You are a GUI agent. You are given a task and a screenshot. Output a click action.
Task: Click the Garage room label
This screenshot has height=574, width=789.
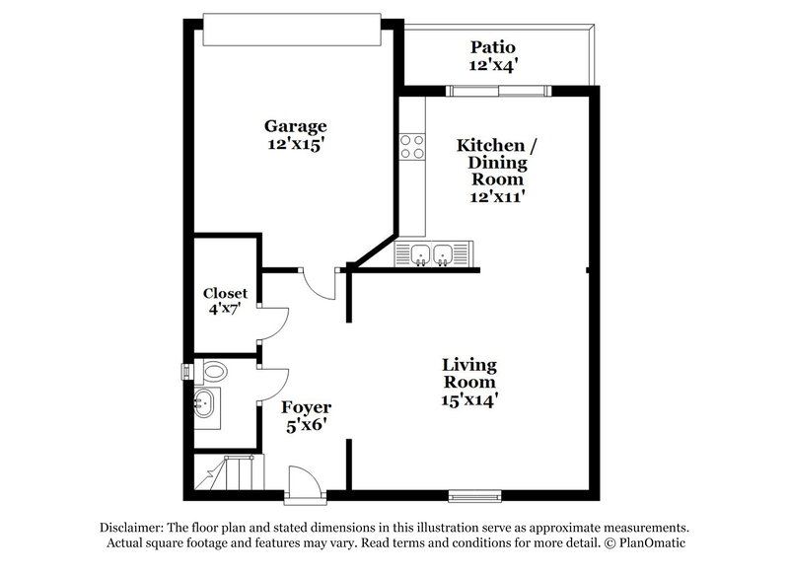(295, 127)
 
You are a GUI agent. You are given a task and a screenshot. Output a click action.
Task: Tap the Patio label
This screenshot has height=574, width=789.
(493, 47)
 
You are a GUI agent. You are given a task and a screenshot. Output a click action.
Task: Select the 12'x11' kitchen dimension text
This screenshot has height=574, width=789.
(496, 195)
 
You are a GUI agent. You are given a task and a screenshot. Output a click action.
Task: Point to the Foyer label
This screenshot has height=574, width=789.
(306, 407)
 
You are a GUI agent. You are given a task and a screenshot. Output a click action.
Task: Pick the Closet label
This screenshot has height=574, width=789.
(225, 293)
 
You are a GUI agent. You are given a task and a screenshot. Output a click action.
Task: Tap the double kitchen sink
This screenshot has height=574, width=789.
(431, 254)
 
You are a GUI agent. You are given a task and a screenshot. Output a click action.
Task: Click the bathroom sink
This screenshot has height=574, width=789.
(206, 402)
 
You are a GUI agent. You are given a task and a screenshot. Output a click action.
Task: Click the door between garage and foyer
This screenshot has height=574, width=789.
(322, 282)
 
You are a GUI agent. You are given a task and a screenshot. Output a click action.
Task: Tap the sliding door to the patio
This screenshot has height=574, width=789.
(498, 91)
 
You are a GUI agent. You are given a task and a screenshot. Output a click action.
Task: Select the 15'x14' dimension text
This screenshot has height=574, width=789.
(468, 400)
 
